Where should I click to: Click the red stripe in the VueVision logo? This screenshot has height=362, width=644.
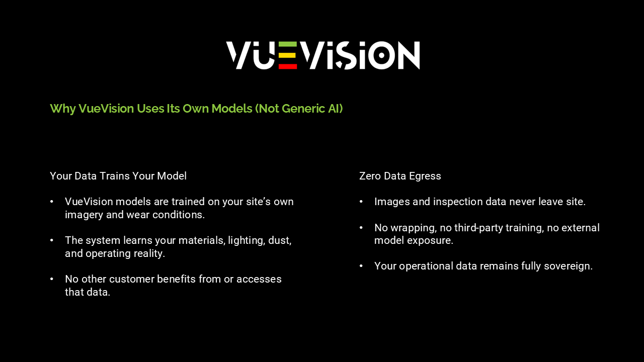pos(288,66)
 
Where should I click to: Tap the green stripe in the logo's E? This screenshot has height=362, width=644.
pos(288,44)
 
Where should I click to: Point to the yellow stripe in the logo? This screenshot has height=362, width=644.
pos(288,55)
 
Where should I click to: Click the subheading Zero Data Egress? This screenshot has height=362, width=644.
pos(400,176)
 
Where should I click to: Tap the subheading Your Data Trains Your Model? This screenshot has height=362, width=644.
pos(118,176)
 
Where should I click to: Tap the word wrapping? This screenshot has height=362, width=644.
pos(413,228)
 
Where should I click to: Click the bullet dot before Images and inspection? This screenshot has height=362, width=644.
pos(361,202)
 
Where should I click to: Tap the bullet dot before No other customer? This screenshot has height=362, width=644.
pos(51,279)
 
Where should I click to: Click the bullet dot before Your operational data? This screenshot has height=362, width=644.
pos(361,266)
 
